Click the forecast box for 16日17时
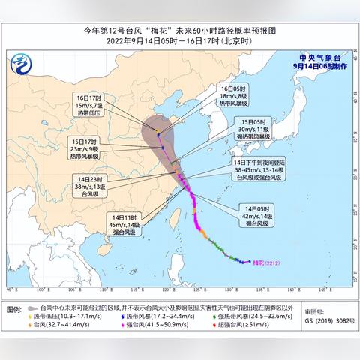[x=89, y=106]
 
